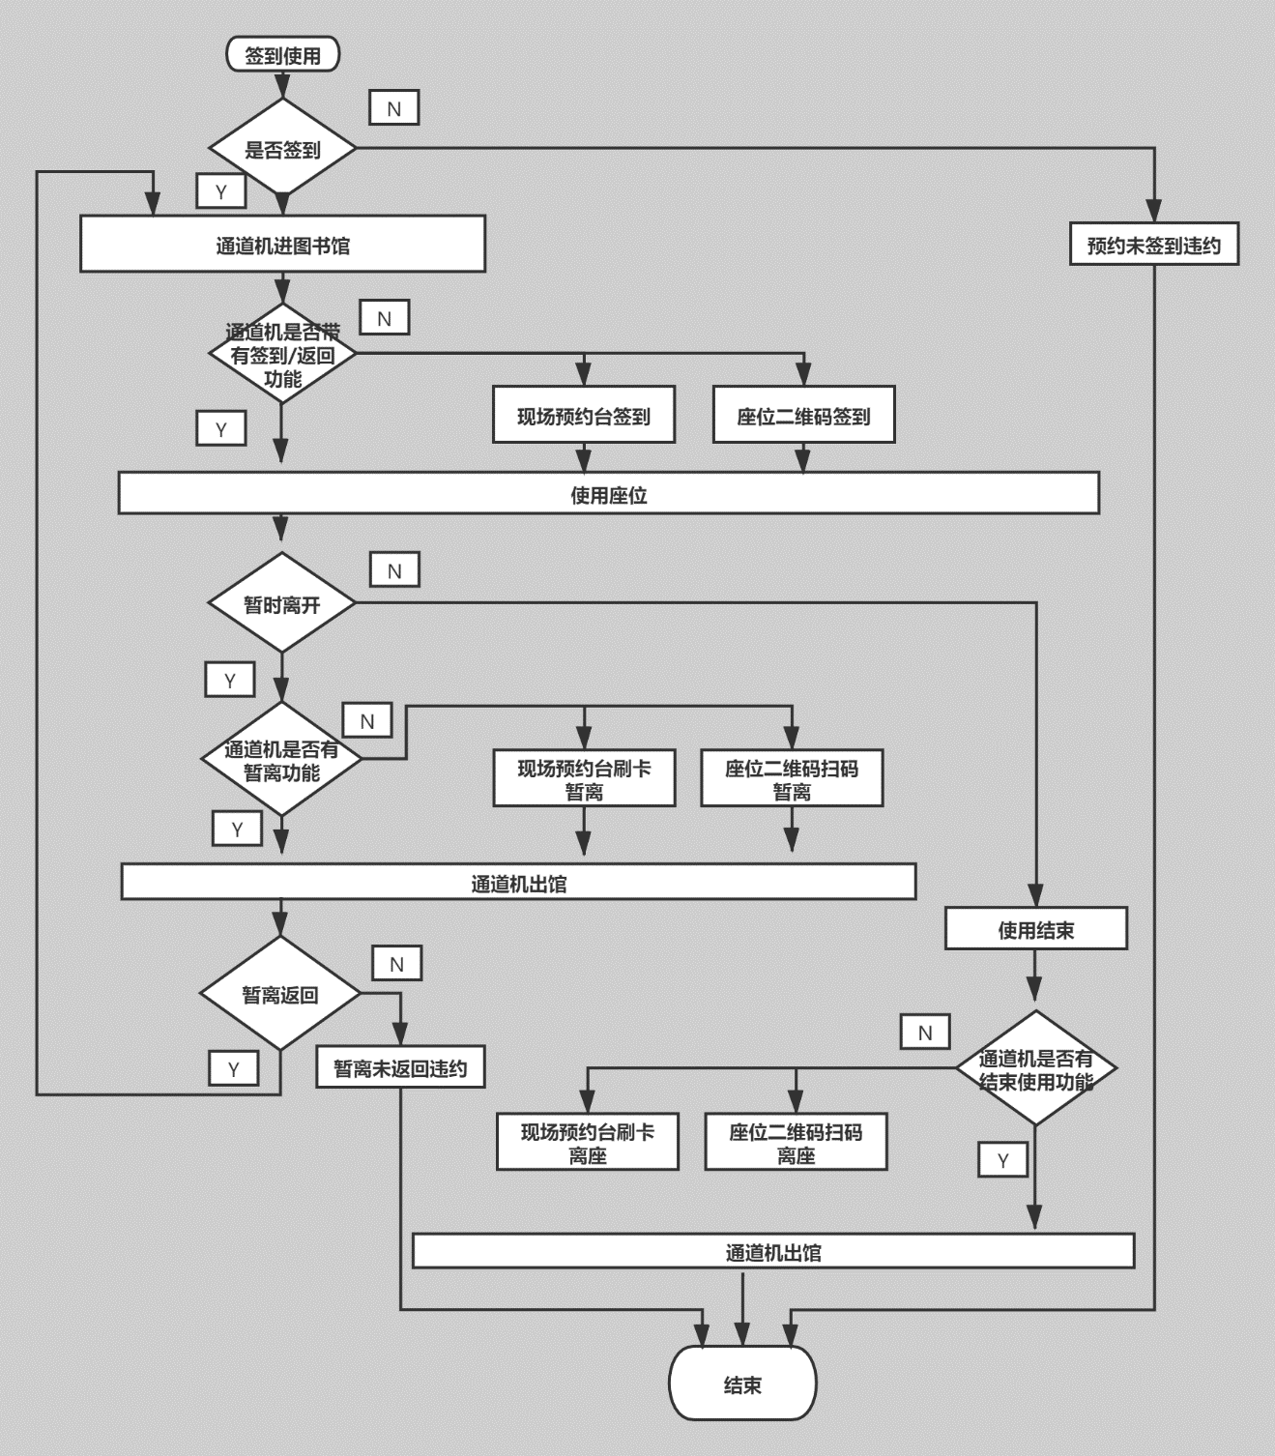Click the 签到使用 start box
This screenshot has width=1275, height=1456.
[x=282, y=55]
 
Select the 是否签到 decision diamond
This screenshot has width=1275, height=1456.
[x=282, y=147]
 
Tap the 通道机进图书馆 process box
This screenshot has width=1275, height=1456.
[x=282, y=244]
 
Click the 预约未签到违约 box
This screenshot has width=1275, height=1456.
[x=1154, y=244]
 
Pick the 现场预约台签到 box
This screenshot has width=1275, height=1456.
[x=584, y=415]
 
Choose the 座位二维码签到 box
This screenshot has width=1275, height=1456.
[x=803, y=415]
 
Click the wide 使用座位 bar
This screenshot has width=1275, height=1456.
[x=608, y=493]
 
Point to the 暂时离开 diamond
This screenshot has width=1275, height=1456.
[x=281, y=602]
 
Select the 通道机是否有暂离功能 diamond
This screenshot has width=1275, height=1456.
[x=281, y=759]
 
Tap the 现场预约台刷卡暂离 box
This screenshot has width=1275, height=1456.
[x=584, y=778]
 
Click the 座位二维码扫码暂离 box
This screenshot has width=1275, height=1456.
[x=792, y=778]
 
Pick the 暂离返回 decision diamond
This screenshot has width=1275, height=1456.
[x=280, y=993]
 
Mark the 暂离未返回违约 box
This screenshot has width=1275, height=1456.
[x=400, y=1066]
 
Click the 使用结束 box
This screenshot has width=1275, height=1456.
[x=1036, y=929]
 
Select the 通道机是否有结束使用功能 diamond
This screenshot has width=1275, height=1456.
[x=1036, y=1068]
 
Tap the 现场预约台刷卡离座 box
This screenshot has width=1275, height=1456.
[x=588, y=1142]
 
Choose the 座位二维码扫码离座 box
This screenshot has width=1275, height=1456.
[x=797, y=1142]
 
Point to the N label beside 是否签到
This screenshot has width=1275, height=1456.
[x=394, y=107]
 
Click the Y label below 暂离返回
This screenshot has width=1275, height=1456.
[x=233, y=1068]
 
